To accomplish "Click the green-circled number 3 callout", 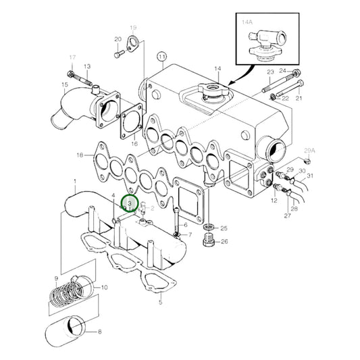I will tap(128, 203).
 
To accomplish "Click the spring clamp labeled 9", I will tap(68, 294).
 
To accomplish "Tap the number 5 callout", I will tap(160, 303).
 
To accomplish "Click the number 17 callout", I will tap(73, 59).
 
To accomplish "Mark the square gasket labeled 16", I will tap(130, 126).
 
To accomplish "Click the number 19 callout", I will tap(132, 28).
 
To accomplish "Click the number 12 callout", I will tap(274, 201).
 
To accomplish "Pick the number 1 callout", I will tap(75, 182).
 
